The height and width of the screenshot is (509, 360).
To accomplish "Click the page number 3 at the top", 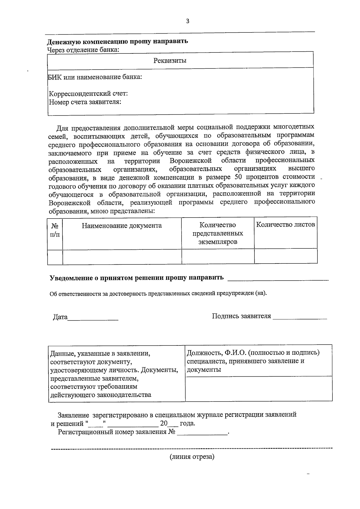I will pos(188,21).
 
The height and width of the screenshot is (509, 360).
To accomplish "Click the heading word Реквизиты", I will pos(170,61).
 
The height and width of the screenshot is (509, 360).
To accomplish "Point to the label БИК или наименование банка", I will pos(95,77).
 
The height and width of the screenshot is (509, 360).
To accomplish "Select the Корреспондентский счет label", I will pos(88,94).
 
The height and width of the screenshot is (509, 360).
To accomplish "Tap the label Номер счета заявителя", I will pos(85,102).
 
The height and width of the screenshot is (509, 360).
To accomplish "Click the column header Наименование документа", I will pos(122,226).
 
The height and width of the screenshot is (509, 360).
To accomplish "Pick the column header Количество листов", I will pos(286,224).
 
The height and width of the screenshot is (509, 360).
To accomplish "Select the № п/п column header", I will pos(55,230).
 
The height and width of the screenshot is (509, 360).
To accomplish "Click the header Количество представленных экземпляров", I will pos(218,233).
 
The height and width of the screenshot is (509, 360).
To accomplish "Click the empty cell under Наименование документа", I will pos(122,257).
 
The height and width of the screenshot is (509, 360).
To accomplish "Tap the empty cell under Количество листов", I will pos(286,257).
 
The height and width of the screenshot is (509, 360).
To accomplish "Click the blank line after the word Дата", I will pos(93,318).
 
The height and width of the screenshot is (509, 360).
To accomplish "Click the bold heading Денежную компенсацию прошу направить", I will pos(118,41).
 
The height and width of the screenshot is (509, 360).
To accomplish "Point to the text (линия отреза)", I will pos(192,457).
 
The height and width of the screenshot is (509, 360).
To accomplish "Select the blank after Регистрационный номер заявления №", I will pos(202,432).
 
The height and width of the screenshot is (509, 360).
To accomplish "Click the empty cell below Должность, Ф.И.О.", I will pos(259,389).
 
